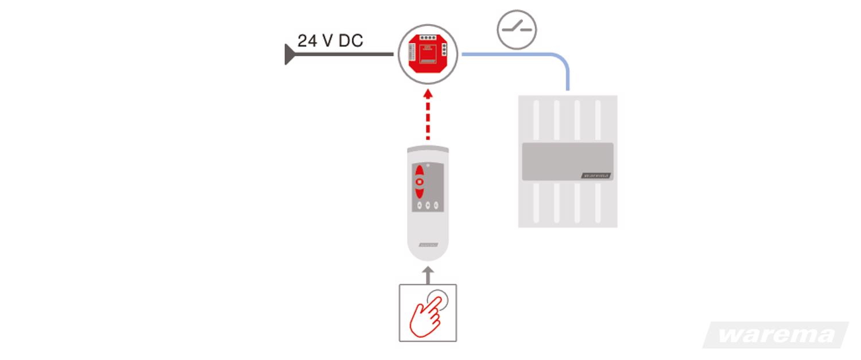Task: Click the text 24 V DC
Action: click(x=330, y=41)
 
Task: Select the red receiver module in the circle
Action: click(x=428, y=55)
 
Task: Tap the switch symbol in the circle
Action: click(x=517, y=29)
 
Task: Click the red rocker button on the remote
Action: click(x=420, y=181)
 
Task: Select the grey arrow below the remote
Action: click(x=428, y=274)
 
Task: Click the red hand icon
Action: click(x=425, y=315)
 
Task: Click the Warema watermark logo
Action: click(x=777, y=335)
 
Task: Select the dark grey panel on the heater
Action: click(x=567, y=161)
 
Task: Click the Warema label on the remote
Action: click(x=428, y=244)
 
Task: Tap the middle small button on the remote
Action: click(x=428, y=205)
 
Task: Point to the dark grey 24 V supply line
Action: click(x=344, y=55)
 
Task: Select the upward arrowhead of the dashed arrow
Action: click(x=428, y=92)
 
